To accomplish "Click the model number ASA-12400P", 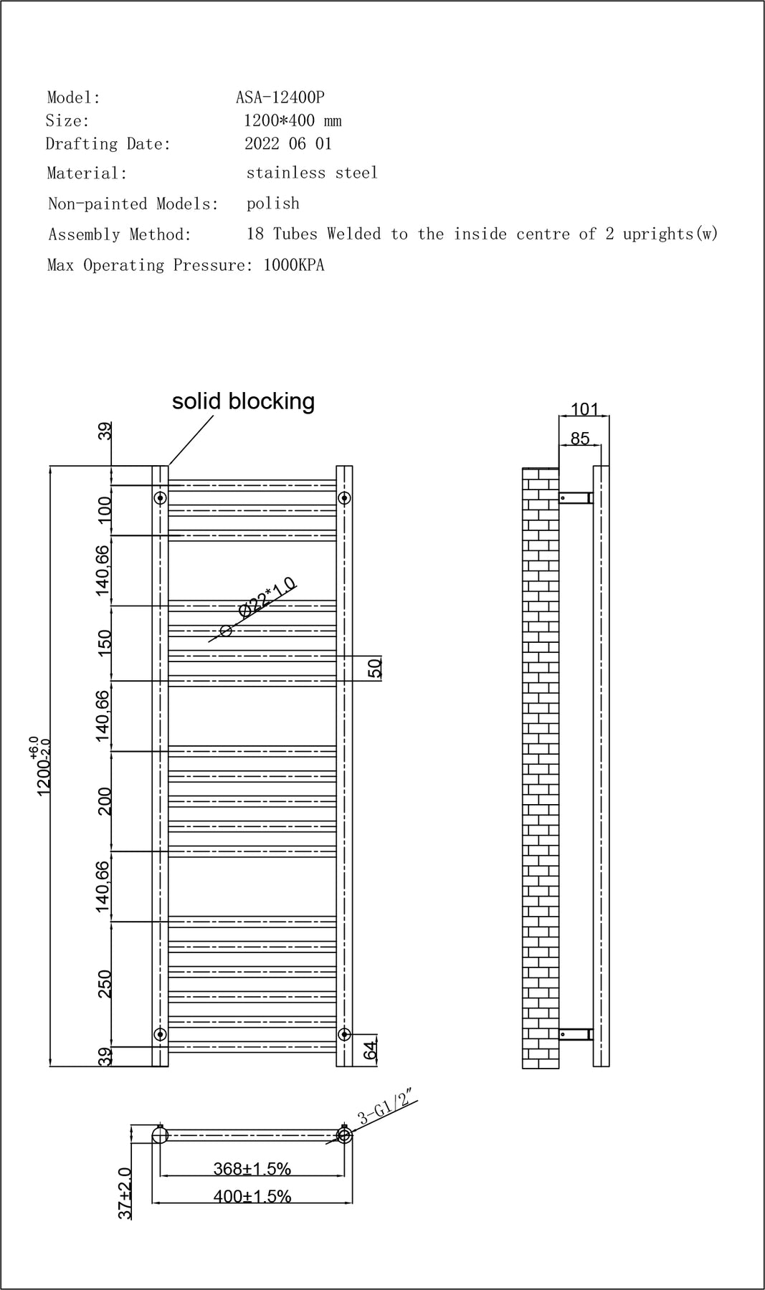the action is (280, 97).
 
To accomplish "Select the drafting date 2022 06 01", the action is (288, 143).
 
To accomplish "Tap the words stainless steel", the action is (312, 173).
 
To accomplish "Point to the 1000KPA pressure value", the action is (294, 265).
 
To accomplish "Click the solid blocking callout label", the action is (243, 401).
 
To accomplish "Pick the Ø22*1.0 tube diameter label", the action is (267, 597).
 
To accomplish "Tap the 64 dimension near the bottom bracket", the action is (371, 1051).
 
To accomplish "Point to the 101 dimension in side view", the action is (584, 409).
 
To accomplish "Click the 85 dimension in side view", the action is (580, 438).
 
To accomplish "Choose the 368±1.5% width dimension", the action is (252, 1169).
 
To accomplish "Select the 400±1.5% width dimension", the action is (252, 1196).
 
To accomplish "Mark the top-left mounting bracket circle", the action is (161, 497).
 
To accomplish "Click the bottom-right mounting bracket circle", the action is (344, 1033).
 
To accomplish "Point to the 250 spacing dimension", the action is (105, 984).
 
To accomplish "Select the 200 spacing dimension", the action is (105, 801).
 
